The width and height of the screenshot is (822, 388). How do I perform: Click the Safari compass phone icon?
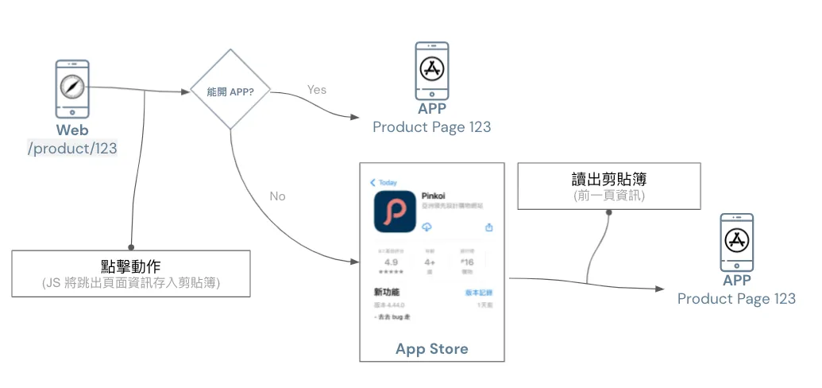(71, 89)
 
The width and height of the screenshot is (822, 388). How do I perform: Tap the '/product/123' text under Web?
(72, 149)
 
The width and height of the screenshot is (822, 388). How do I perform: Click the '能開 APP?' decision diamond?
(230, 91)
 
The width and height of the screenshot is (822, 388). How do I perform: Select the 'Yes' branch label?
(317, 89)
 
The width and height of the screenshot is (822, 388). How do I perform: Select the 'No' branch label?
(277, 196)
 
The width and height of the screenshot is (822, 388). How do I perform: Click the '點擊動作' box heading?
(131, 266)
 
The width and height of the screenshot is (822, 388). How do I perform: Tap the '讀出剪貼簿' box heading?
(609, 178)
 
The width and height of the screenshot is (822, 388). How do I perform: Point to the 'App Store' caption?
(432, 348)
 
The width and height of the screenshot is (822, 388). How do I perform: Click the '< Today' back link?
(384, 182)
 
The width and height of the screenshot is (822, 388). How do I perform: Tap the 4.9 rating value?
(391, 262)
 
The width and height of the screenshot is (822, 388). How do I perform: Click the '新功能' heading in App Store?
(386, 292)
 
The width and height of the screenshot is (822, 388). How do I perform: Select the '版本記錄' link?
(479, 293)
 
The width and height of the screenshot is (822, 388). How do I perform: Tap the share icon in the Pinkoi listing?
(488, 227)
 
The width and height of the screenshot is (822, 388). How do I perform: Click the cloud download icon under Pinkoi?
(426, 227)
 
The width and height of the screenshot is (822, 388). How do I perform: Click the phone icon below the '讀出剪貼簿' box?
(736, 242)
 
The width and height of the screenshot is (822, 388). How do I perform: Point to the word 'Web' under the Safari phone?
(72, 130)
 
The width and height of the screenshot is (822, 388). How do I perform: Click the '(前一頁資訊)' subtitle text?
(609, 195)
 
